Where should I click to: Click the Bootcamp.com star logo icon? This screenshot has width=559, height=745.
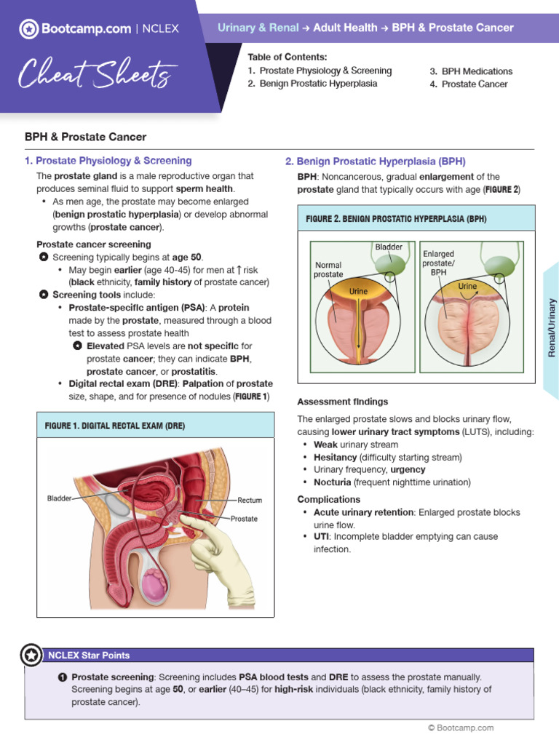click(x=28, y=28)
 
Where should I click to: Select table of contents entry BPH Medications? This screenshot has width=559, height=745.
click(x=477, y=71)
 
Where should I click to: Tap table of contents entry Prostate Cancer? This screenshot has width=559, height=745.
click(x=475, y=84)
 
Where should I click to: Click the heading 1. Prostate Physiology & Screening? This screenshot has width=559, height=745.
click(x=108, y=161)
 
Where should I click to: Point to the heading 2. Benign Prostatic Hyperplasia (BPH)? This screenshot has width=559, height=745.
click(x=376, y=162)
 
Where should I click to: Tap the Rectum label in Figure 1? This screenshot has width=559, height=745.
click(x=250, y=501)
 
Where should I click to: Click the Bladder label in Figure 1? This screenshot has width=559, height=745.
click(x=60, y=498)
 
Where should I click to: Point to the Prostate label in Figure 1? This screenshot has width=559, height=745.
click(x=244, y=519)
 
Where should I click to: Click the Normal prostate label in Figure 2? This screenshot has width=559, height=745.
click(x=328, y=270)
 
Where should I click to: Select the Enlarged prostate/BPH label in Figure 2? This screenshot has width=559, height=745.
click(x=438, y=263)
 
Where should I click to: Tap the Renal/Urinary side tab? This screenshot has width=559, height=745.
click(x=552, y=327)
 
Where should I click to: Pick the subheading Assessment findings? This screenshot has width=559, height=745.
click(x=343, y=402)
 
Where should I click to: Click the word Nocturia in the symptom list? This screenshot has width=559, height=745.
click(x=332, y=482)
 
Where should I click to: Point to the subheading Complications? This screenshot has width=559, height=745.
click(x=329, y=499)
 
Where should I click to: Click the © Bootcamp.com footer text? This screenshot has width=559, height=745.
click(x=461, y=728)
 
